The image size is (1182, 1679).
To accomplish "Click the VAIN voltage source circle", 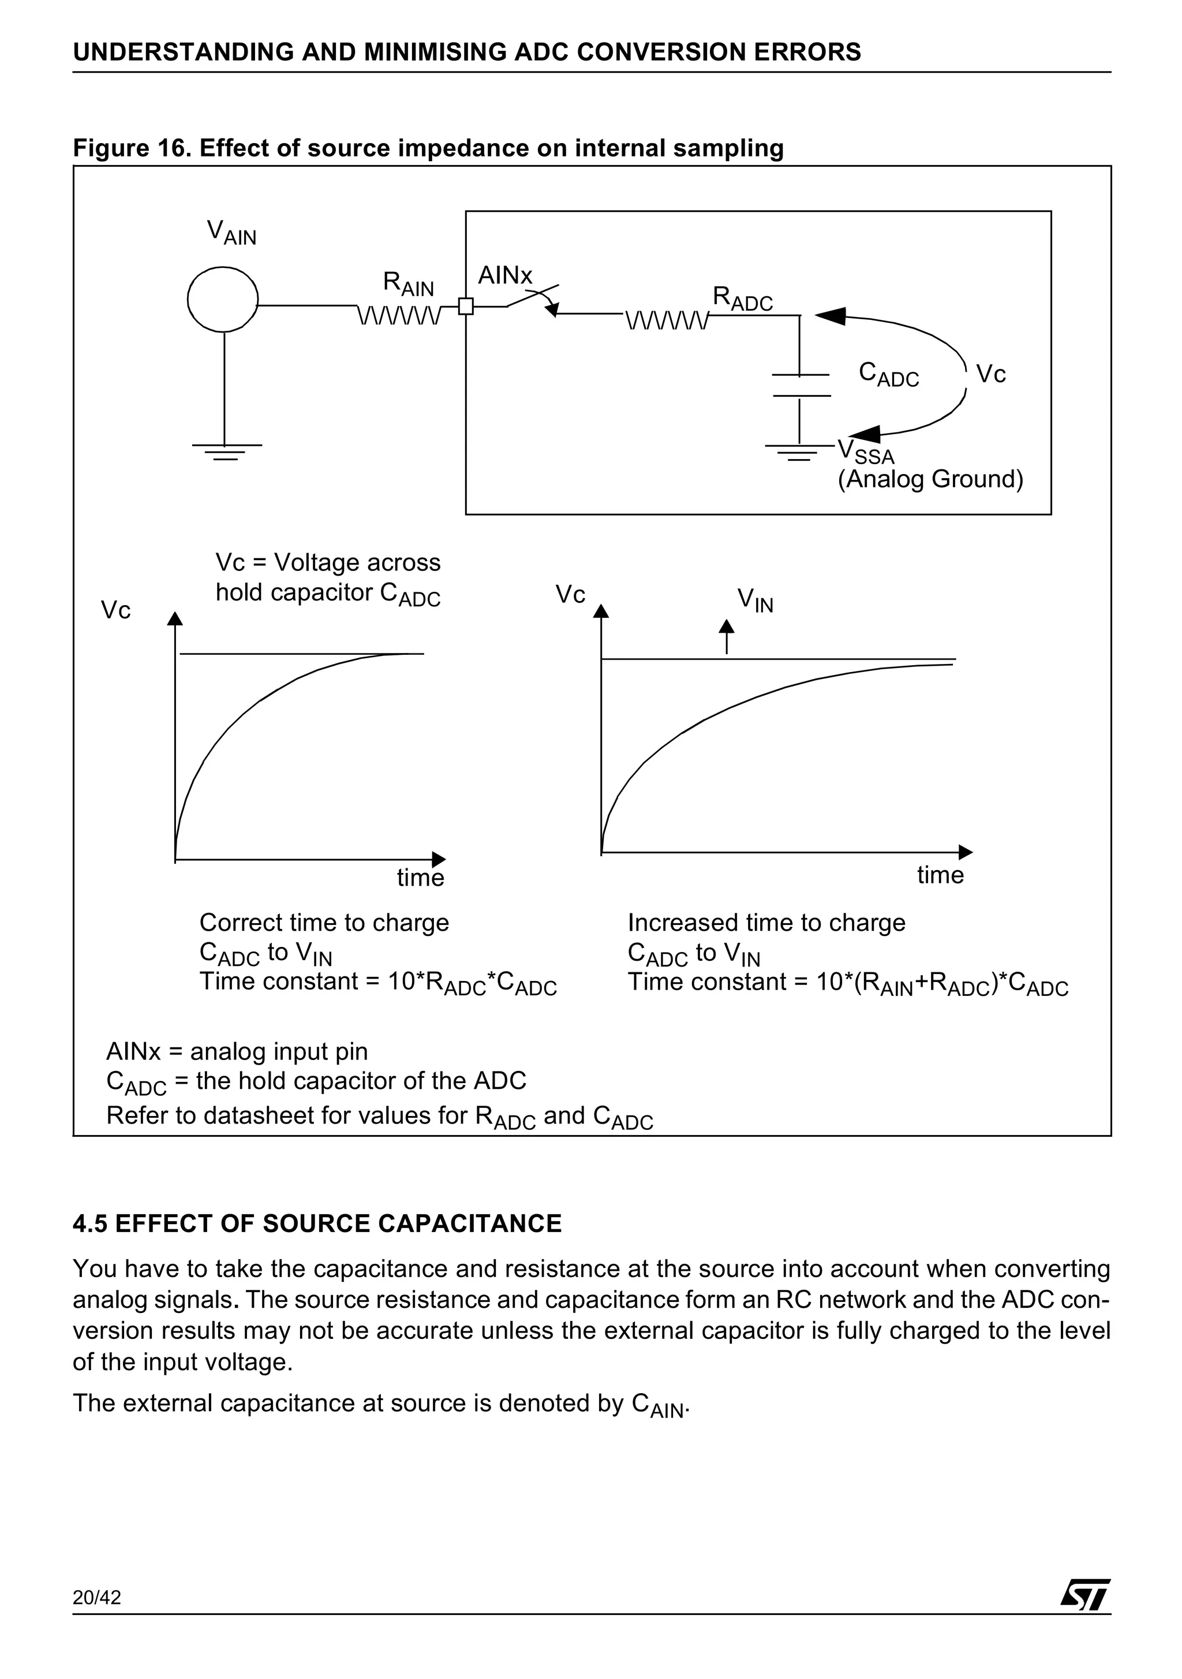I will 223,300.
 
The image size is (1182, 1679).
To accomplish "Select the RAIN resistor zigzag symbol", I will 399,315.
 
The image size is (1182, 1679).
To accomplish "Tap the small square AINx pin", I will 466,307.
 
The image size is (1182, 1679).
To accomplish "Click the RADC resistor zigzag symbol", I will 667,320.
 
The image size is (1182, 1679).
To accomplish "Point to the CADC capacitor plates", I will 801,385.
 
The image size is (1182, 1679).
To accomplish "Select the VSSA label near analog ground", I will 866,450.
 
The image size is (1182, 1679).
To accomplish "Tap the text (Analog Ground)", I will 930,480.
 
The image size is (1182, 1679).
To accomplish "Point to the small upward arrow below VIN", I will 726,636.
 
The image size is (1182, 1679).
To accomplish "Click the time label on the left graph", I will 420,878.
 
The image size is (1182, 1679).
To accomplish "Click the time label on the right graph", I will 940,875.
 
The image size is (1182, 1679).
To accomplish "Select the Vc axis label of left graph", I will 115,610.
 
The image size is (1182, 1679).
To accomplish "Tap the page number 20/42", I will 96,1618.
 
